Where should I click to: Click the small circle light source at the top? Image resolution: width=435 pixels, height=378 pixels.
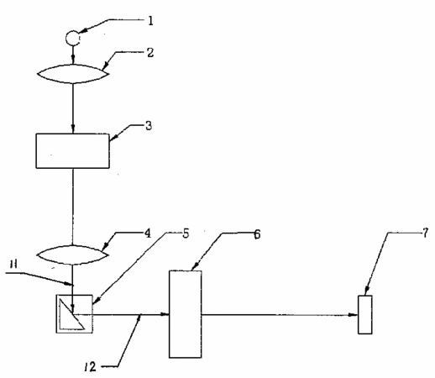click(72, 38)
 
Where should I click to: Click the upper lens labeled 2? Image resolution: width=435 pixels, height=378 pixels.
click(73, 74)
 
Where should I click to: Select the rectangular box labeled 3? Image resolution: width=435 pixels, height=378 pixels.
click(72, 151)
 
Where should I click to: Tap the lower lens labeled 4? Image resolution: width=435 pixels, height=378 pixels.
click(73, 255)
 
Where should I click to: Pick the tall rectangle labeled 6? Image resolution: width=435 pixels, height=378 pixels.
click(185, 314)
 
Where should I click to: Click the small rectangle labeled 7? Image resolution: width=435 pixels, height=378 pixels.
click(365, 315)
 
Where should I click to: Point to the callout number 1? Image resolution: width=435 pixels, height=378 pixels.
click(150, 21)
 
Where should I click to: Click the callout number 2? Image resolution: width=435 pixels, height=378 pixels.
click(150, 53)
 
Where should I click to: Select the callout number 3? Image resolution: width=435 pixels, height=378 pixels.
click(149, 126)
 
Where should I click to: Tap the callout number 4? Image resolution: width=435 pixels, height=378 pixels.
click(148, 233)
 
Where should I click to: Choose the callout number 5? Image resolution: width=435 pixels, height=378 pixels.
click(186, 234)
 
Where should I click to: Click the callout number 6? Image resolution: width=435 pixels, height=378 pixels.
click(257, 234)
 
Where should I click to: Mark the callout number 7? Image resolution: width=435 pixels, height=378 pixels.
click(426, 233)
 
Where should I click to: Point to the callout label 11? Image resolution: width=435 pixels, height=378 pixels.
click(13, 264)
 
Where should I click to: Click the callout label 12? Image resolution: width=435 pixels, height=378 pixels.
click(90, 366)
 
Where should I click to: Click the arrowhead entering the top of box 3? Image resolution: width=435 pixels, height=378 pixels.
click(73, 129)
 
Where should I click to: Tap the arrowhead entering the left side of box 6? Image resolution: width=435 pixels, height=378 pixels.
click(165, 314)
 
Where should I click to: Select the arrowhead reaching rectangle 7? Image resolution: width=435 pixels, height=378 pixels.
click(354, 315)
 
